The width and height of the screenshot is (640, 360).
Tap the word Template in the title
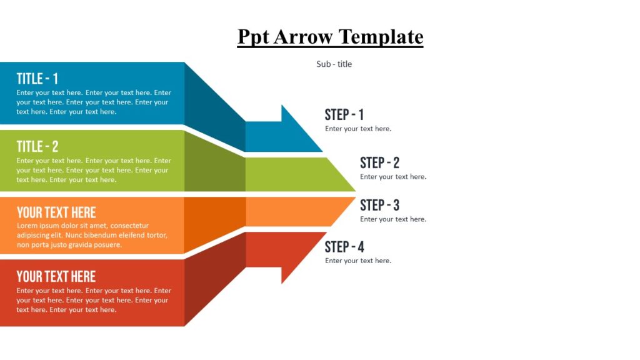[381, 36]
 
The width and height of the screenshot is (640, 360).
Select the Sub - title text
[334, 64]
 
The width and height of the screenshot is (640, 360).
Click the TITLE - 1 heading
[37, 79]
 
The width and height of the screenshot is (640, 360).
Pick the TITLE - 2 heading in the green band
[37, 147]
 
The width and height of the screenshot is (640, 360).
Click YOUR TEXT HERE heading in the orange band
[56, 212]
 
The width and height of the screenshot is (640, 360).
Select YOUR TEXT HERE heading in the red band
[56, 277]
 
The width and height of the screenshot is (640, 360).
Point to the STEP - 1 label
[344, 115]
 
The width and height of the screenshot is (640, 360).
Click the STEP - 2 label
[379, 163]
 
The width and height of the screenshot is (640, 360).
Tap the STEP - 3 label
[379, 206]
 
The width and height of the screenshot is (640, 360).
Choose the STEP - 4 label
[344, 247]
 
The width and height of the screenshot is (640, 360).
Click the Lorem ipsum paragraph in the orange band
[92, 235]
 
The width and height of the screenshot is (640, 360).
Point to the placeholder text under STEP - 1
[358, 129]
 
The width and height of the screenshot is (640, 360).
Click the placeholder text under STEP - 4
[358, 261]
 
